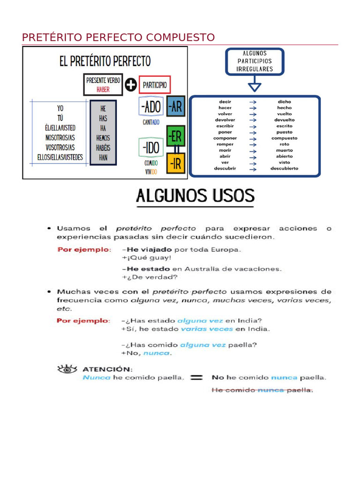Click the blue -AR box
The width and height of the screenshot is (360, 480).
175,107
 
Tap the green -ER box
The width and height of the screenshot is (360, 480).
175,136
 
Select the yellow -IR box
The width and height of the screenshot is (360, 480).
175,163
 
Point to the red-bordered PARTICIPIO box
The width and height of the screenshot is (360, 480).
155,85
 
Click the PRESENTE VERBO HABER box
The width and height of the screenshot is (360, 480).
103,84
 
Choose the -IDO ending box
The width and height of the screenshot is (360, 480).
150,147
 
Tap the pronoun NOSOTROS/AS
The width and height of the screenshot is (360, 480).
60,138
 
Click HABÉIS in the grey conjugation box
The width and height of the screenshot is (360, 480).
103,148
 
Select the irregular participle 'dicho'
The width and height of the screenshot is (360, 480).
284,101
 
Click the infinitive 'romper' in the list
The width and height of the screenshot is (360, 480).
225,144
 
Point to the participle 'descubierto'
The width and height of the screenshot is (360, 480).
284,168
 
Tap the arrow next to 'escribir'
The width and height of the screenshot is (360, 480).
253,126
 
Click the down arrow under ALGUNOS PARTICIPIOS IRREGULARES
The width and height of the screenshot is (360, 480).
255,86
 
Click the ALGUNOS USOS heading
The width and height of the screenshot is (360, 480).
195,196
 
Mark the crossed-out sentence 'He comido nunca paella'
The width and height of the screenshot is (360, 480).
262,390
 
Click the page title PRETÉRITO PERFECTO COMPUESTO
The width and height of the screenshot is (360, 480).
119,37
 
